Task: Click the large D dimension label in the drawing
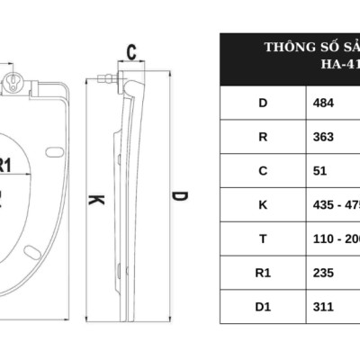click(x=180, y=196)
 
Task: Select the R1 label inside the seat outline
click(x=7, y=166)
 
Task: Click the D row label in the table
click(x=263, y=103)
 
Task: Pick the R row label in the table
click(x=263, y=137)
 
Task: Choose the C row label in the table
click(x=263, y=170)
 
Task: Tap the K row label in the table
click(x=263, y=204)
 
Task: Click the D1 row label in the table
click(x=263, y=306)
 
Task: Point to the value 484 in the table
click(x=323, y=103)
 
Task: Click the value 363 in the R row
click(x=323, y=137)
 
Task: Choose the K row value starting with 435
click(x=336, y=204)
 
